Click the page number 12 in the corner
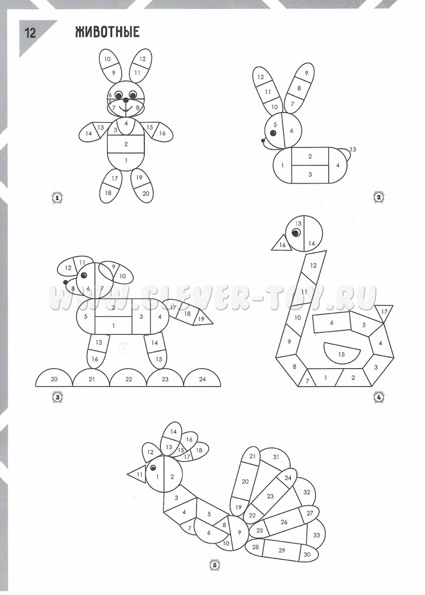[30, 33]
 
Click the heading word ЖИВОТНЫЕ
[107, 32]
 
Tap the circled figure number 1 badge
[57, 197]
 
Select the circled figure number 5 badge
[214, 565]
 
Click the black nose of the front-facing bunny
[126, 100]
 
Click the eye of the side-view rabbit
[273, 133]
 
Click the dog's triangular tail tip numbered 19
[202, 319]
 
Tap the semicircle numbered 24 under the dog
[202, 378]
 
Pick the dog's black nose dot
[66, 282]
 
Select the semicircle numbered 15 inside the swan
[341, 352]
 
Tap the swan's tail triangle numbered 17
[384, 313]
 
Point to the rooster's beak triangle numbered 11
[138, 474]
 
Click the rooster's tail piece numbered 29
[281, 550]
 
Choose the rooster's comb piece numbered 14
[173, 432]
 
